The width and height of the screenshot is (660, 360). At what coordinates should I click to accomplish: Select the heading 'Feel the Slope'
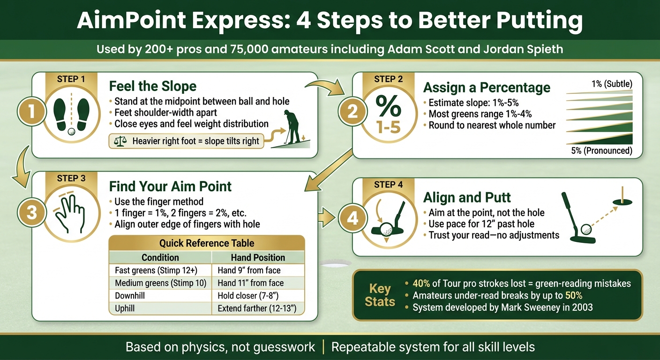[153, 86]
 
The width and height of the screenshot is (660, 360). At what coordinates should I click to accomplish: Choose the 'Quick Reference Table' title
[207, 243]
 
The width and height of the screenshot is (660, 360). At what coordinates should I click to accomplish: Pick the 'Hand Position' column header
[258, 257]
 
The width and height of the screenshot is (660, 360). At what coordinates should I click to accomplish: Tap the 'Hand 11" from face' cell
[250, 283]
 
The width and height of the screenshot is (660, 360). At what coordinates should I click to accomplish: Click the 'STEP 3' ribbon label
[71, 178]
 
